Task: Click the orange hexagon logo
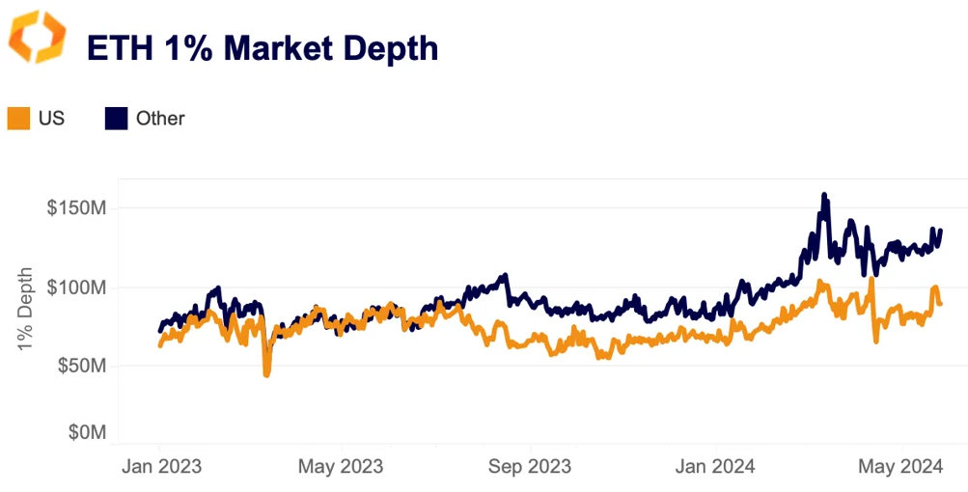coord(38,38)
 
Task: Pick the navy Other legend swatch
coord(116,119)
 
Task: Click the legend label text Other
coord(160,119)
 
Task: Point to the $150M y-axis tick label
coord(76,208)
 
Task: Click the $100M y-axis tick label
coord(76,287)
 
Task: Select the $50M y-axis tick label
coord(81,366)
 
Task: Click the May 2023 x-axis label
coord(340,467)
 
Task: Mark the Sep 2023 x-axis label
coord(529,467)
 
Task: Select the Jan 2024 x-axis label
coord(715,467)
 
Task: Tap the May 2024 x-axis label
coord(899,467)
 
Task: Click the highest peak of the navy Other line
coord(824,196)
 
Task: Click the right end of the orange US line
coord(940,304)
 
